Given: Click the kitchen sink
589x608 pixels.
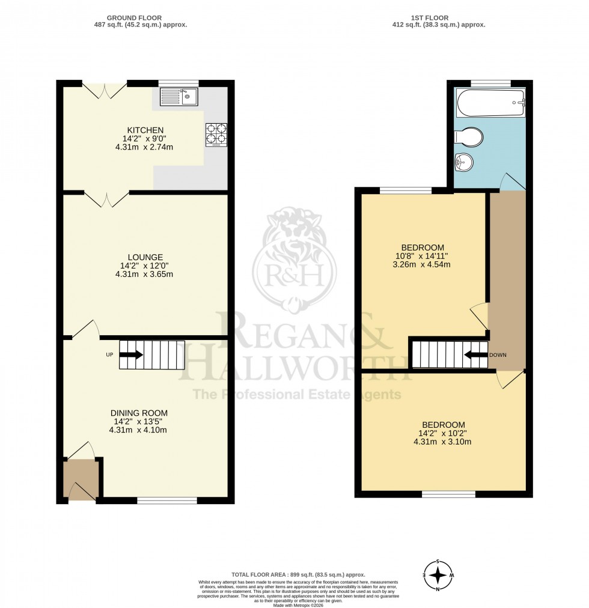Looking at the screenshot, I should [179, 96].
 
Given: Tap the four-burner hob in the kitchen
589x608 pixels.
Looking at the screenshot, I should [216, 135].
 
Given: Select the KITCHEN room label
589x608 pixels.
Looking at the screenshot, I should [145, 130].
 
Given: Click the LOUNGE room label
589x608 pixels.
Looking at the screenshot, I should [145, 257].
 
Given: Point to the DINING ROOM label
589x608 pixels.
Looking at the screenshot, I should [139, 413].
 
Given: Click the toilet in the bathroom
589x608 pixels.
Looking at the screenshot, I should [469, 137].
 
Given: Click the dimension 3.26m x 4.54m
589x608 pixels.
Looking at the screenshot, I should [423, 264].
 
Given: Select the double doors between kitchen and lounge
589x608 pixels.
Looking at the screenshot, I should [106, 199].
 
